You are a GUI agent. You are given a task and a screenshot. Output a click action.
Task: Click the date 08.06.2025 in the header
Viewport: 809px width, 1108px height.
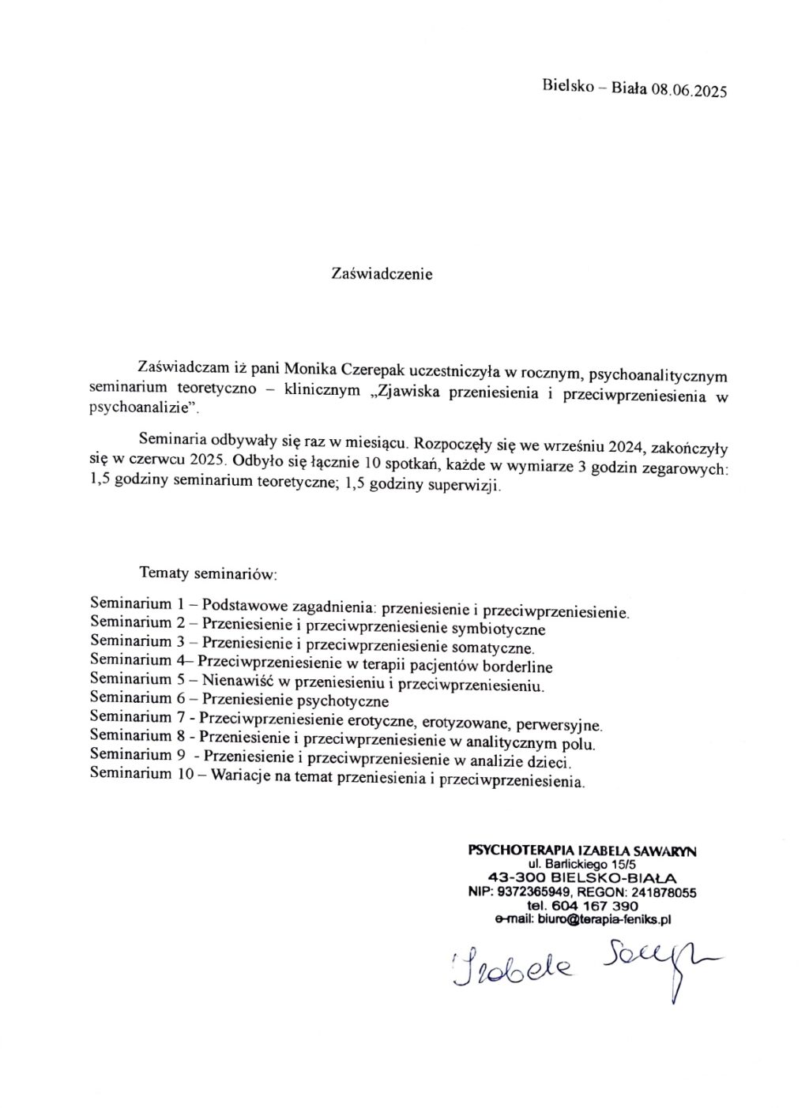pos(687,90)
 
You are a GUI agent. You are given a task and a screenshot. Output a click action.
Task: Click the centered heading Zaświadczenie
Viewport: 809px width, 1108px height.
pos(382,275)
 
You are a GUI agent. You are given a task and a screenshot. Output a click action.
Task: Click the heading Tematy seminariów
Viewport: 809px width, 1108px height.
pos(207,573)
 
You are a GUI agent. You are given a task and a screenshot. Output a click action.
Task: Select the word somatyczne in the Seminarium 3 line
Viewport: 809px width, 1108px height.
pos(492,648)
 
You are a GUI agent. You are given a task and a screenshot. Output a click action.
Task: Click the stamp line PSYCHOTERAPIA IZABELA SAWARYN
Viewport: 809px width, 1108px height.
pos(582,851)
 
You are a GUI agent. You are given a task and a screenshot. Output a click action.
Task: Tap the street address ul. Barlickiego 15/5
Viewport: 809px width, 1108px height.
pos(581,866)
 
